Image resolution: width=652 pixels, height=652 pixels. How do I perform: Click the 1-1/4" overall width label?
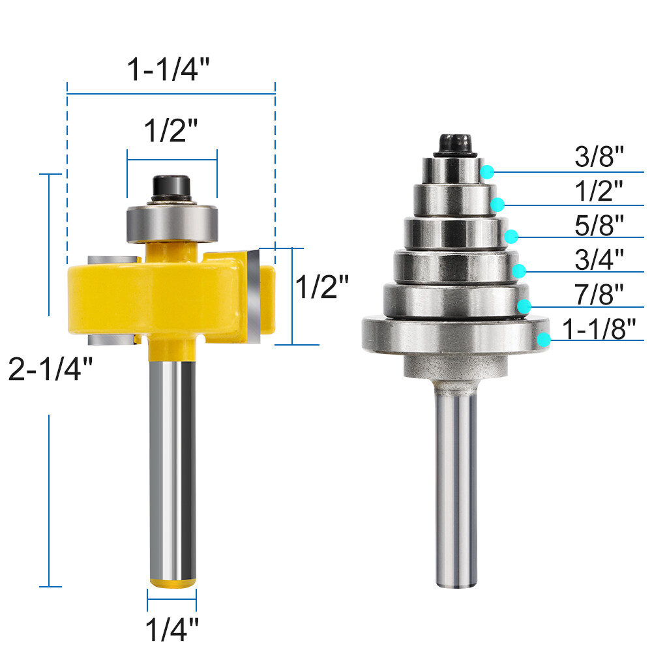pyautogui.click(x=170, y=69)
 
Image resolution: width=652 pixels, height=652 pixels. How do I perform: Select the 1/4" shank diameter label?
pyautogui.click(x=171, y=630)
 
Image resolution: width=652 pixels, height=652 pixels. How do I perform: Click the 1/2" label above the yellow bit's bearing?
pyautogui.click(x=170, y=133)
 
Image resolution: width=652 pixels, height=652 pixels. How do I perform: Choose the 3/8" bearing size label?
pyautogui.click(x=599, y=157)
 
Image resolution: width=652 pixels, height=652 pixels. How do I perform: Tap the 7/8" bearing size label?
pyautogui.click(x=599, y=295)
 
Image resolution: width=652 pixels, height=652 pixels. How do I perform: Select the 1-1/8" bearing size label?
pyautogui.click(x=599, y=329)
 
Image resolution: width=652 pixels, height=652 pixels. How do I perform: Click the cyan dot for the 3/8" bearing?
pyautogui.click(x=486, y=172)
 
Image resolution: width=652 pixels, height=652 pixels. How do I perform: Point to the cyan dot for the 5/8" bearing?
pyautogui.click(x=512, y=236)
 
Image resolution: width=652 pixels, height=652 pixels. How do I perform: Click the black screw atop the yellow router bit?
pyautogui.click(x=171, y=187)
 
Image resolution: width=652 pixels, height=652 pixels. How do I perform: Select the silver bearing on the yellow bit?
pyautogui.click(x=171, y=222)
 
